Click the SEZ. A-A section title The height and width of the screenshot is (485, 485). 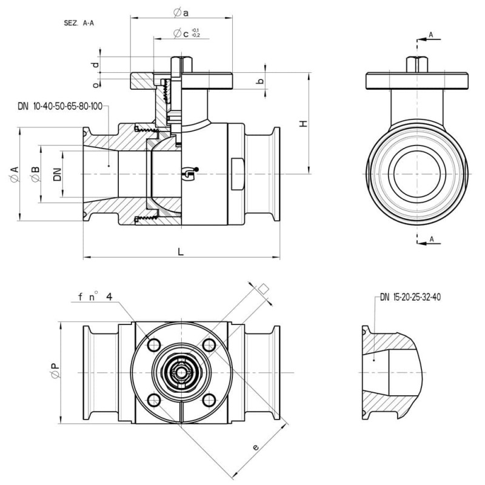pyautogui.click(x=79, y=23)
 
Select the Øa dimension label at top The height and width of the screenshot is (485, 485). pyautogui.click(x=181, y=13)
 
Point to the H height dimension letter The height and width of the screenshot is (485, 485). pyautogui.click(x=304, y=124)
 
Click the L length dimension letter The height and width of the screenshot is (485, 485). pyautogui.click(x=181, y=252)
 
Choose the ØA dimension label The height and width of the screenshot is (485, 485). pyautogui.click(x=14, y=174)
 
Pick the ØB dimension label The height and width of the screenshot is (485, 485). pyautogui.click(x=35, y=174)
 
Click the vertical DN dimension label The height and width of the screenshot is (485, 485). pyautogui.click(x=58, y=174)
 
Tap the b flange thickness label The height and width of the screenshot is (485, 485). pyautogui.click(x=261, y=81)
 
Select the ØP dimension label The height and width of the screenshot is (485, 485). pyautogui.click(x=55, y=370)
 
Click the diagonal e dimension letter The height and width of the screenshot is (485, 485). pyautogui.click(x=255, y=447)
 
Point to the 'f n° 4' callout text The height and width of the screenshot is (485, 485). pyautogui.click(x=95, y=297)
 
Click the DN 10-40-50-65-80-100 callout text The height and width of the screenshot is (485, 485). pyautogui.click(x=60, y=107)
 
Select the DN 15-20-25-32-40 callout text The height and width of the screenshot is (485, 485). pyautogui.click(x=410, y=297)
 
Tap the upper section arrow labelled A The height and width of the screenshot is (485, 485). pyautogui.click(x=429, y=39)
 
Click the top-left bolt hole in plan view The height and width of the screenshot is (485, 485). pyautogui.click(x=154, y=344)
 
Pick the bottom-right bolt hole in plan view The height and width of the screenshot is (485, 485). pyautogui.click(x=209, y=400)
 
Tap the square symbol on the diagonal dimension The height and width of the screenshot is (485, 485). pyautogui.click(x=263, y=289)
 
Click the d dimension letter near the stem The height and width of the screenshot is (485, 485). pyautogui.click(x=96, y=65)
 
